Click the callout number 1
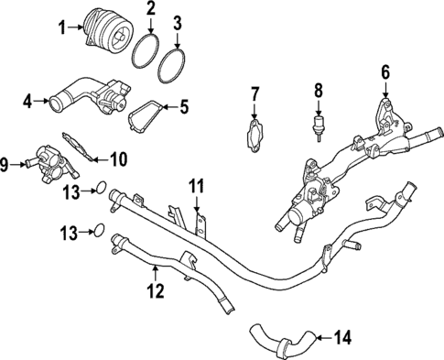pyautogui.click(x=63, y=27)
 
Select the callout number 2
pyautogui.click(x=150, y=12)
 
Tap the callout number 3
pyautogui.click(x=178, y=20)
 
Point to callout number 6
pyautogui.click(x=384, y=71)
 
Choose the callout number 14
pyautogui.click(x=341, y=338)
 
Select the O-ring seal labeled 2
pyautogui.click(x=148, y=51)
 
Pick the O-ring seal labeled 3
pyautogui.click(x=179, y=66)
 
